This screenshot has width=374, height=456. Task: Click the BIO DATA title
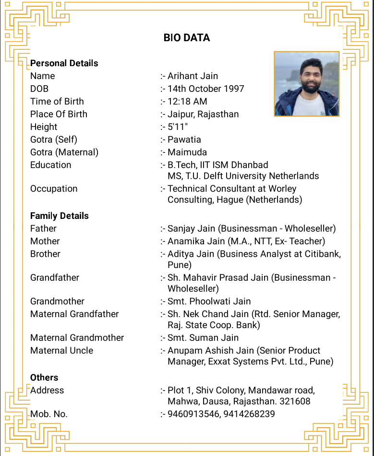(x=187, y=38)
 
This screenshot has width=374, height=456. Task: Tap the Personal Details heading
(x=64, y=63)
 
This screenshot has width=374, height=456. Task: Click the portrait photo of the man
(x=307, y=84)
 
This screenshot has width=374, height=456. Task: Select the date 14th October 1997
(x=205, y=89)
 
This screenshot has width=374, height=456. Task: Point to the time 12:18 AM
(x=187, y=102)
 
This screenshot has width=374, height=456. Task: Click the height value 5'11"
(x=178, y=127)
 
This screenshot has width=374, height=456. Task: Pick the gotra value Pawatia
(x=184, y=140)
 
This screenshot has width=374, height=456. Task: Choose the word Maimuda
(x=187, y=152)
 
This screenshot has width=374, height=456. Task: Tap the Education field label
(x=50, y=165)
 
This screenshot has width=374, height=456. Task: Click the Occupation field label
(x=54, y=189)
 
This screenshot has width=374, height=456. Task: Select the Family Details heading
(x=60, y=216)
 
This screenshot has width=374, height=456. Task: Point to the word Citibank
(x=323, y=254)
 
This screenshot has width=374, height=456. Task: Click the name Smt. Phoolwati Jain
(x=209, y=301)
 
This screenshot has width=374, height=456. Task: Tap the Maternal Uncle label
(x=62, y=351)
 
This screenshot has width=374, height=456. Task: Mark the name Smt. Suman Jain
(x=203, y=338)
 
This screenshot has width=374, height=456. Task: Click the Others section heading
(x=44, y=377)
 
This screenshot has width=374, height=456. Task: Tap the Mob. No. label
(x=49, y=414)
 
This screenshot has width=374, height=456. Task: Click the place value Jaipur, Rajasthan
(x=203, y=114)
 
